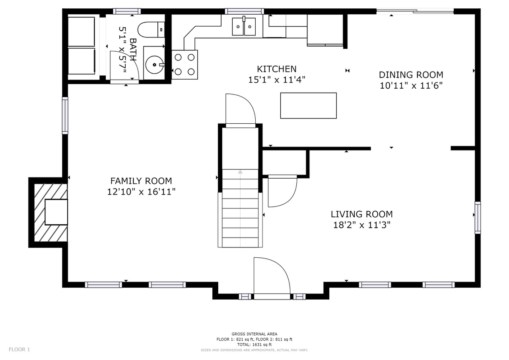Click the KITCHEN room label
pos(276,69)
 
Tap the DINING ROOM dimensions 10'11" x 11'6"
pos(411,86)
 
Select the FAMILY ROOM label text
pos(141,181)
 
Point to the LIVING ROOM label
pos(362,214)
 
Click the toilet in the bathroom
pos(151,29)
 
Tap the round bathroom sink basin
pos(154,65)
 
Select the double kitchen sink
pos(244,27)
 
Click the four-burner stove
pos(185,64)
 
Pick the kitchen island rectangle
pos(308,105)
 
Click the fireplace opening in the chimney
pos(56,212)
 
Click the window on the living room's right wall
pos(478,218)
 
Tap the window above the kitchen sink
pos(245,12)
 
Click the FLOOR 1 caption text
pos(19,349)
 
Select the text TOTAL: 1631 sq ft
pos(254,344)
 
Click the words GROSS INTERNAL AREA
pos(254,334)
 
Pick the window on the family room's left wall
pos(65,115)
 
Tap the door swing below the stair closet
pos(282,191)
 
